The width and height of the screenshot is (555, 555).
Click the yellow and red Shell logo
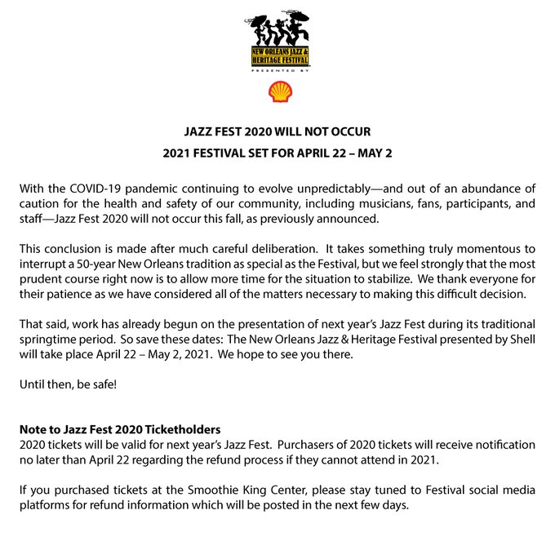[x=279, y=91]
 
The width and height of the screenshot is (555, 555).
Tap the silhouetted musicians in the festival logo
[x=277, y=30]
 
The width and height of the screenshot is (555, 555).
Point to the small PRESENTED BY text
[x=278, y=71]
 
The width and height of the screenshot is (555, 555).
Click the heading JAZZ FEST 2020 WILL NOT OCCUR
[x=277, y=130]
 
